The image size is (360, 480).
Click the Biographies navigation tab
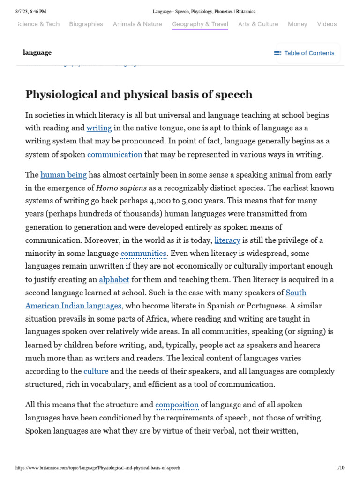[x=86, y=24]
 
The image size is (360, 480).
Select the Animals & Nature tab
[x=137, y=24]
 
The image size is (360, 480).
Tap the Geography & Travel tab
[x=200, y=24]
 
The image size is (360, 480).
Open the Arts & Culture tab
[x=258, y=24]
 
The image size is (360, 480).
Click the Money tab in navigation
[x=298, y=24]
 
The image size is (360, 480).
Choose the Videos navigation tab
[x=327, y=24]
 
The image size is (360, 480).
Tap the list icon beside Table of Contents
[x=277, y=53]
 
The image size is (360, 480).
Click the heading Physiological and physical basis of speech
[x=139, y=94]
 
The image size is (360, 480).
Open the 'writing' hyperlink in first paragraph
[x=99, y=128]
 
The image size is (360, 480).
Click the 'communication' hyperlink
[x=114, y=154]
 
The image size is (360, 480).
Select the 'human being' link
[x=64, y=175]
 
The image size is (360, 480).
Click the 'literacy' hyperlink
[x=227, y=240]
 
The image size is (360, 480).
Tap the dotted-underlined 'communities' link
[x=143, y=254]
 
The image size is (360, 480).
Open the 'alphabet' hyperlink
[x=114, y=280]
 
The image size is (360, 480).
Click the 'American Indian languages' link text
[x=73, y=306]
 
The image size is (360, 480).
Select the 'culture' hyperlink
[x=96, y=371]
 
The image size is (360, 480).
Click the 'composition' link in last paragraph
[x=177, y=405]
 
